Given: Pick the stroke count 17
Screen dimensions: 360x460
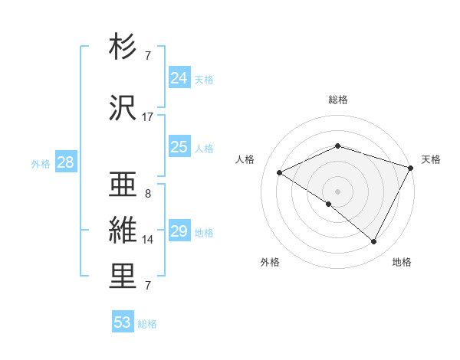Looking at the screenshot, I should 148,117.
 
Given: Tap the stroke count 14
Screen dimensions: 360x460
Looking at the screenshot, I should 148,240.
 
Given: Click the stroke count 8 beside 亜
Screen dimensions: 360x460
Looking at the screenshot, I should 148,193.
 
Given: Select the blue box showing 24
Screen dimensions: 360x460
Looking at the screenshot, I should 179,78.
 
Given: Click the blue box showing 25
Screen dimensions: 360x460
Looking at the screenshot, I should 179,147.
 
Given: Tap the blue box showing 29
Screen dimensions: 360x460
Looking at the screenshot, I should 179,231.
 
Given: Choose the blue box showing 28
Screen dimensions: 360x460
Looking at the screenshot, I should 64,162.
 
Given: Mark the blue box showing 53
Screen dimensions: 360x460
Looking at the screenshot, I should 122,322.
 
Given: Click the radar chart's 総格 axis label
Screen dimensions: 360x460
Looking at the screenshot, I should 338,100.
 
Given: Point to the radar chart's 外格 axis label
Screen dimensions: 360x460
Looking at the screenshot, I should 270,262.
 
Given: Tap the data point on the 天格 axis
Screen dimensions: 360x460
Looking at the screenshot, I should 411,168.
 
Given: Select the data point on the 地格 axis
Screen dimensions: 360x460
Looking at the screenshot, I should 374,241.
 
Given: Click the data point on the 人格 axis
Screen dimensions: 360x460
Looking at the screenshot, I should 280,172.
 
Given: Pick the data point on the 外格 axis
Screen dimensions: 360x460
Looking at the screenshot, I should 329,204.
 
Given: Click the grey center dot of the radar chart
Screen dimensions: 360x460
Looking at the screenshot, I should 337,191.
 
